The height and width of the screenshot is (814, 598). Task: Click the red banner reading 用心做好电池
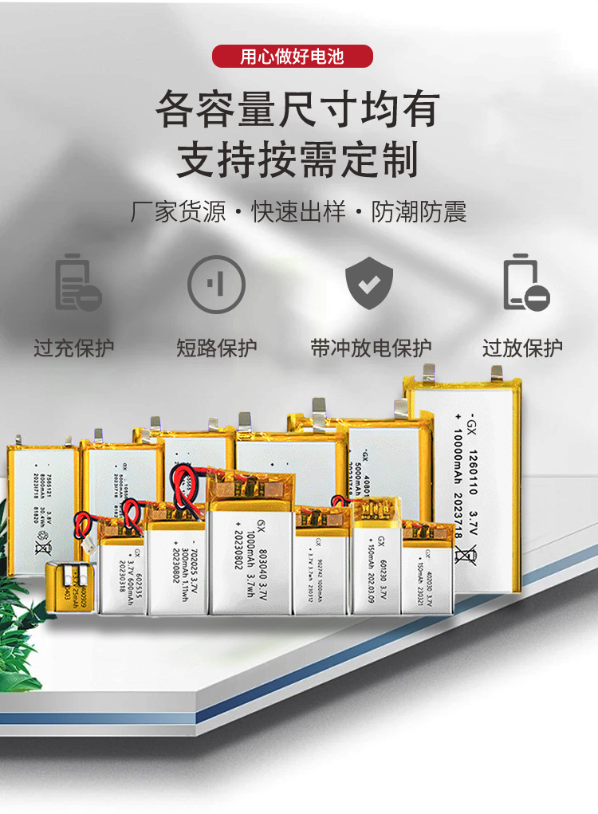pos(293,57)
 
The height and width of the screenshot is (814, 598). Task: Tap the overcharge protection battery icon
pos(77,283)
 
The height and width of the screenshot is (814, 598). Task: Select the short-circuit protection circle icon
pos(216,283)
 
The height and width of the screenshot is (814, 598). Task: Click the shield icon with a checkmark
pos(369,283)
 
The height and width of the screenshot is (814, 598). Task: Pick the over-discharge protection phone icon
pos(525,283)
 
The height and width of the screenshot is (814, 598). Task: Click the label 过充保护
pos(74,348)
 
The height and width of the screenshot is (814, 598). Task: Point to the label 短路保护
pos(216,348)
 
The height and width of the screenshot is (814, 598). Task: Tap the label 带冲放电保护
pos(371,348)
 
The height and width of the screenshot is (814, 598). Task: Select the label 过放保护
pos(522,348)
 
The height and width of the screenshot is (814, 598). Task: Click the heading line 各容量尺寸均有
pos(297,110)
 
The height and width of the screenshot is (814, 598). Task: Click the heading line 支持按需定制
pos(297,159)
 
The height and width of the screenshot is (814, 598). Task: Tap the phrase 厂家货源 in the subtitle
pos(178,212)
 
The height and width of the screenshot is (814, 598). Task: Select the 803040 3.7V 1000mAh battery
pos(251,550)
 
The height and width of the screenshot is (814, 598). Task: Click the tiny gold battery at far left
pos(68,588)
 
